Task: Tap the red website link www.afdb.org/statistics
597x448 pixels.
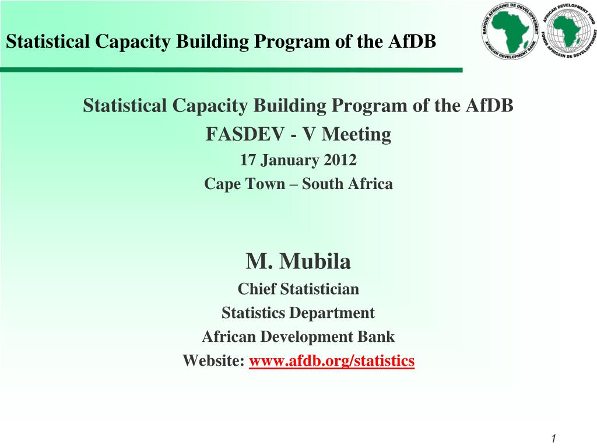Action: tap(332, 360)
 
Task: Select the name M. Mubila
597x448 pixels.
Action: tap(298, 261)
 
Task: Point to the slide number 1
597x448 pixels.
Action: tap(553, 438)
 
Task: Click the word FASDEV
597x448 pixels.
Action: tap(245, 134)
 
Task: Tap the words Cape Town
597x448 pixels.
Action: tap(244, 184)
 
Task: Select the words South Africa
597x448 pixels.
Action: tap(347, 184)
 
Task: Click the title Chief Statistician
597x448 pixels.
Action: tap(298, 289)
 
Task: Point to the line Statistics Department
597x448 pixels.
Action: tap(298, 313)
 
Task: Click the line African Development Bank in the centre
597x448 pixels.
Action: tap(298, 337)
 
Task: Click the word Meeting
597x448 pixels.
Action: tap(356, 135)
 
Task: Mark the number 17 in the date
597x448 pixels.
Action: tap(247, 160)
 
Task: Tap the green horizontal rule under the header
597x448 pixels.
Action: tap(231, 70)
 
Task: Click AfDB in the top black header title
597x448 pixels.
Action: tap(412, 41)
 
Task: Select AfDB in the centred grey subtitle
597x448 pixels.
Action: tap(490, 105)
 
